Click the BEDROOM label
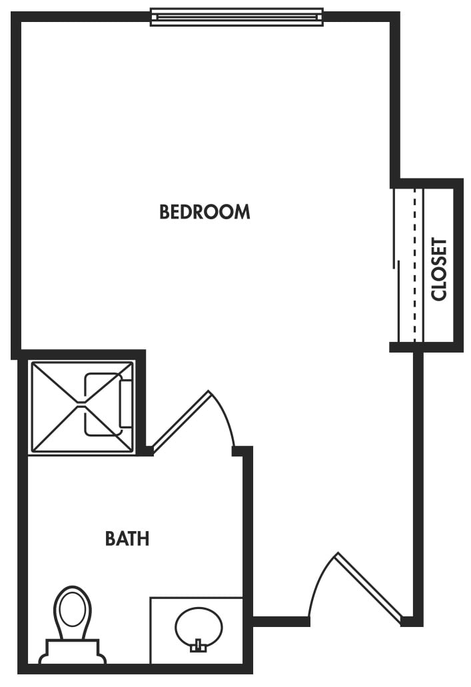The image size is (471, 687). pos(205,212)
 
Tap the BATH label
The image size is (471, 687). pos(127,538)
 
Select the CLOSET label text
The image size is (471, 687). pos(439,269)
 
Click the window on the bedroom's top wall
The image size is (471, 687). pos(236,17)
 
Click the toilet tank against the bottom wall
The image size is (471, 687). pos(73,650)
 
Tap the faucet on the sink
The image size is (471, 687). pos(197,645)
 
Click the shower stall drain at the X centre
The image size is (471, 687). pos(81,404)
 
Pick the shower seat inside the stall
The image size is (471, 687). pos(125,403)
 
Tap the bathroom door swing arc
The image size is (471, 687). pos(225,416)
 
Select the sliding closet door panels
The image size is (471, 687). pos(402,267)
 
